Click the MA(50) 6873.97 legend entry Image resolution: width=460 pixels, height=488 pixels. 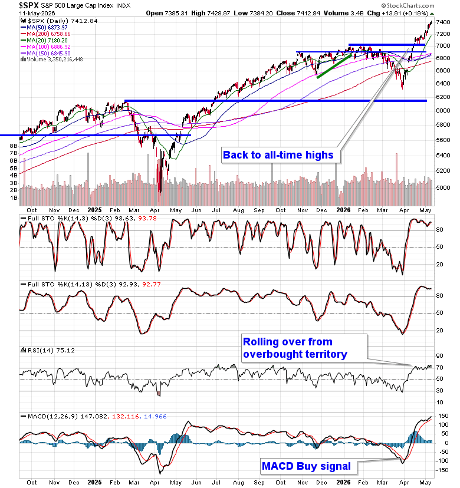tap(47, 27)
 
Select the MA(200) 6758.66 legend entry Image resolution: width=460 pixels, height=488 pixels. tap(48, 34)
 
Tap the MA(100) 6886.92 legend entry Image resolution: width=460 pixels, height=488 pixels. tap(48, 47)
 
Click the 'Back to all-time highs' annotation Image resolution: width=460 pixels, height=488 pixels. tap(278, 155)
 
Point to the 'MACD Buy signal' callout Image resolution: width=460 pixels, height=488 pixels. tap(306, 466)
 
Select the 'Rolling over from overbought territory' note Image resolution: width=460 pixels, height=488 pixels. tap(295, 348)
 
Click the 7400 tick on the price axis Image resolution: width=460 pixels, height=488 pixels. tap(443, 22)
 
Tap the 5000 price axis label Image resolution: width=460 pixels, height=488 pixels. tap(443, 187)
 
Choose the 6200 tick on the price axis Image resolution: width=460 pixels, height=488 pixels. tap(443, 97)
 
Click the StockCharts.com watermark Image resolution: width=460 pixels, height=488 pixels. tap(408, 6)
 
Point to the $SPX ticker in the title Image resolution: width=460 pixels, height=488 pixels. tap(29, 5)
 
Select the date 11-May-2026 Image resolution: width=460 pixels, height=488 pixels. tap(37, 13)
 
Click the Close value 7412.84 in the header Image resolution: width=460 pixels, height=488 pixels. tap(308, 13)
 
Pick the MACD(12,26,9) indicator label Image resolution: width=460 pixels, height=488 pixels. tap(53, 417)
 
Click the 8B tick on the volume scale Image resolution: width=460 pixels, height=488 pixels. tap(14, 146)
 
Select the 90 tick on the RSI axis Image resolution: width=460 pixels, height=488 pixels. tap(439, 356)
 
